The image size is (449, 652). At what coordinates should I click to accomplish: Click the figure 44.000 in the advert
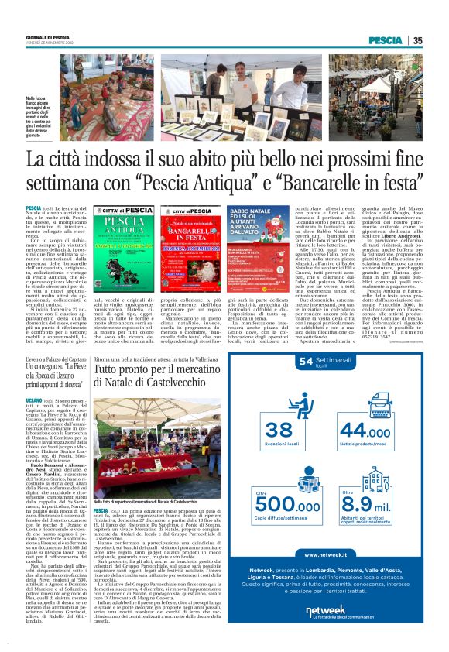point(379,430)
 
